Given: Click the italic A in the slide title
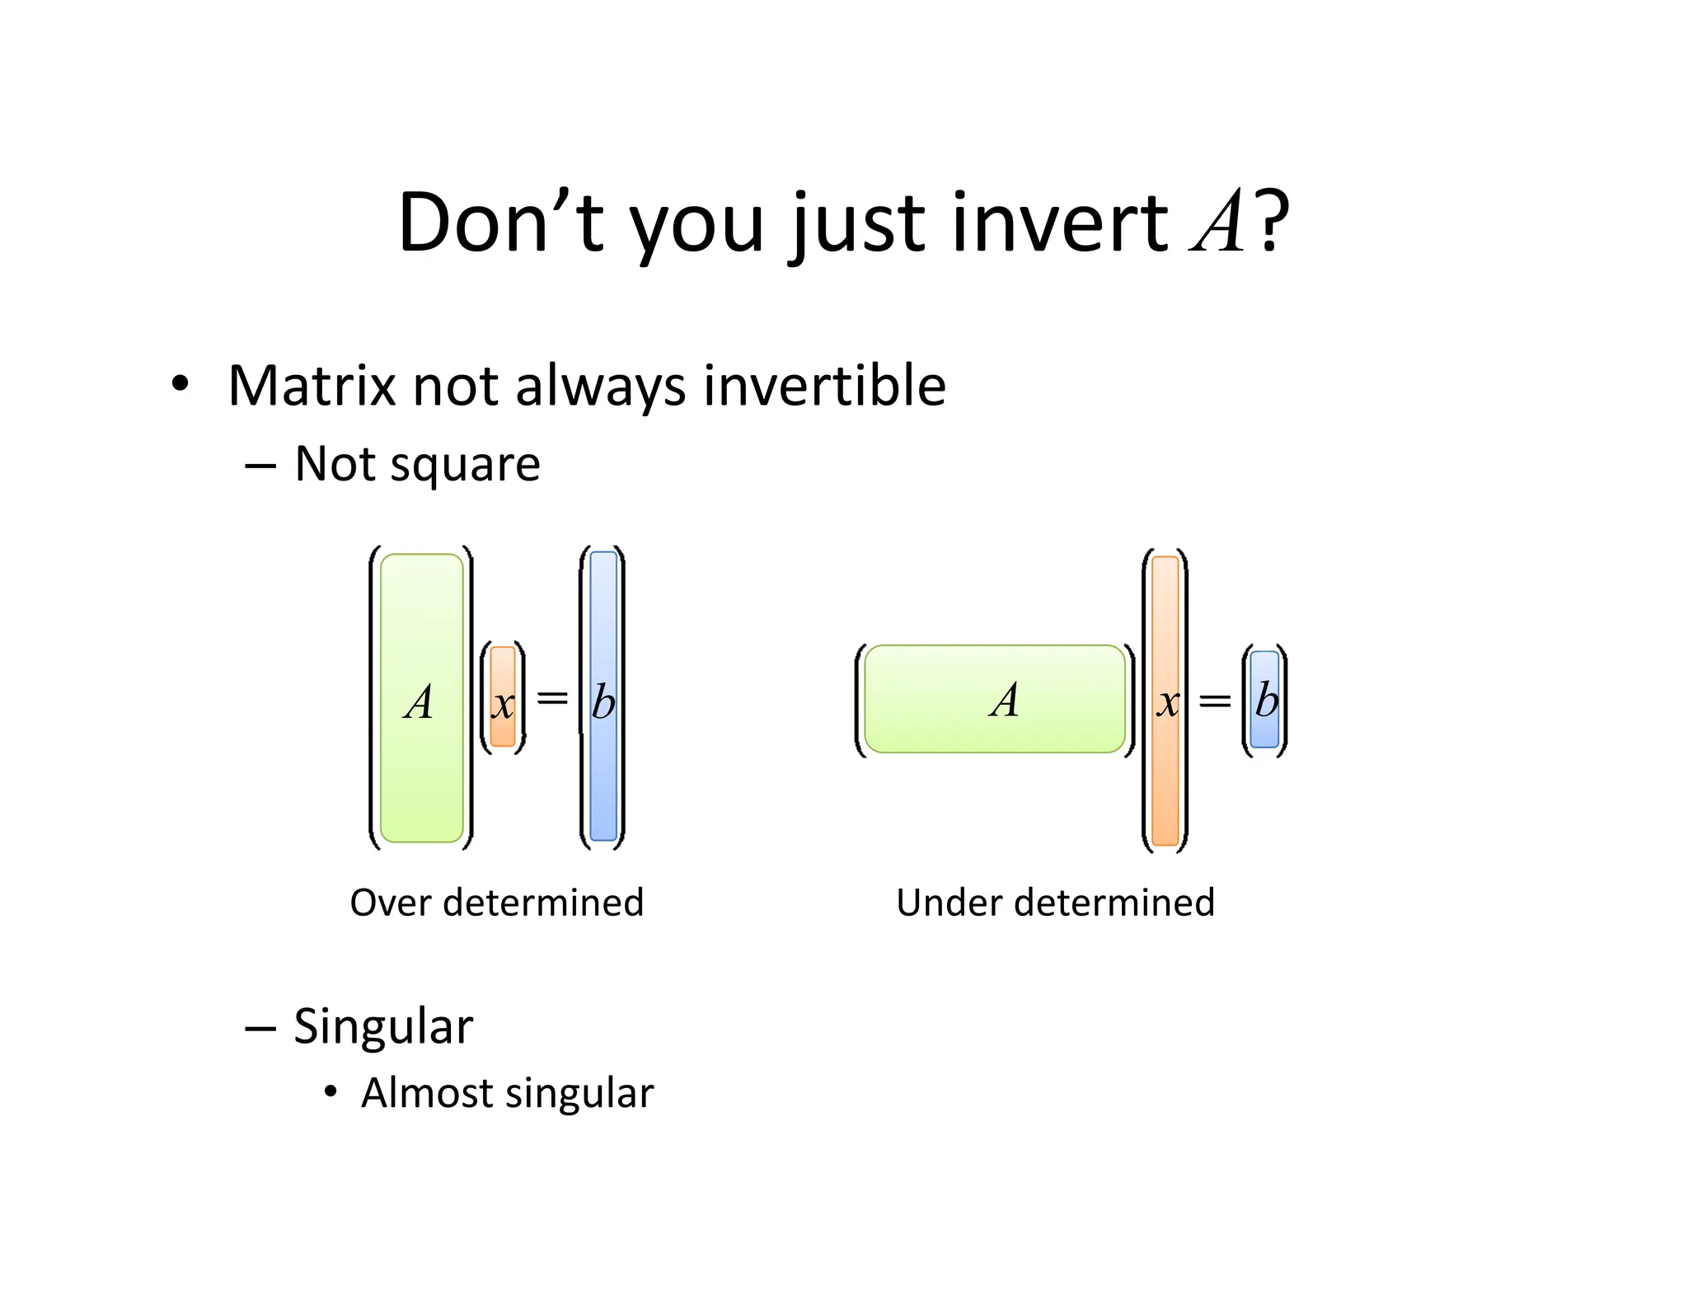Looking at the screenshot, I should [x=1218, y=222].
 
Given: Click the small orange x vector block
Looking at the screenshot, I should [x=503, y=697].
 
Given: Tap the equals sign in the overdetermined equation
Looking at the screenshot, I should [x=552, y=698].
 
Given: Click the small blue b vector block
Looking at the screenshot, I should [x=1264, y=700].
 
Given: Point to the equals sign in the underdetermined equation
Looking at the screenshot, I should [x=1214, y=701].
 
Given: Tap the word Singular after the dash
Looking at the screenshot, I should [x=383, y=1027].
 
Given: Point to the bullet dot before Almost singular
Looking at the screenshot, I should [x=331, y=1092].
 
